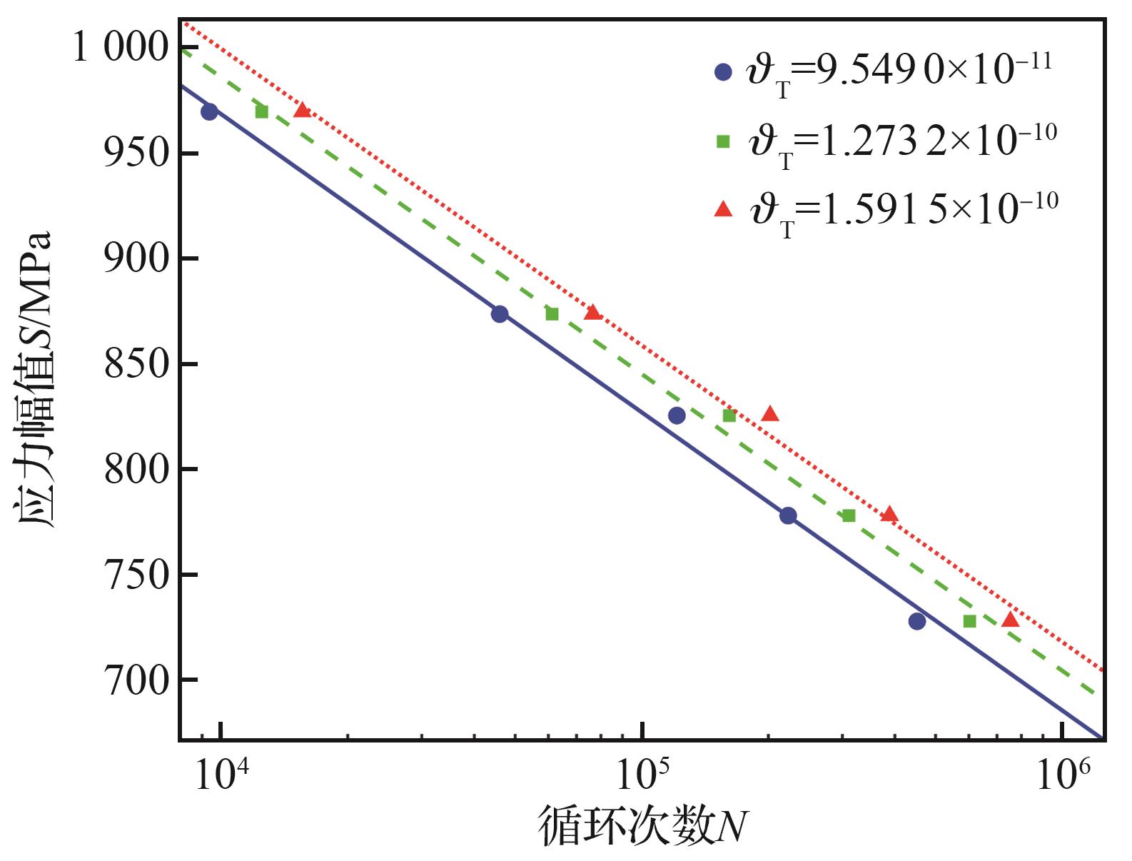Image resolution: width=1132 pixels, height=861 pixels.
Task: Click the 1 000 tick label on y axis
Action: pos(121,49)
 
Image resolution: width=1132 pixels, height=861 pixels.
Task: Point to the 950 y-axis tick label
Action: pos(136,153)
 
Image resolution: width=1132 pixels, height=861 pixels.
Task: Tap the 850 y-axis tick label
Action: pos(136,364)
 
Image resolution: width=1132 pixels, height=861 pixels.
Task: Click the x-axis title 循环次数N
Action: pos(642,826)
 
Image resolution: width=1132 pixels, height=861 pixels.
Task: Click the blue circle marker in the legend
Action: pos(724,72)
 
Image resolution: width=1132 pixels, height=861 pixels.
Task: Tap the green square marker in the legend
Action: pos(723,141)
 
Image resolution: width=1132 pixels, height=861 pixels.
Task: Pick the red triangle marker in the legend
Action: pos(724,208)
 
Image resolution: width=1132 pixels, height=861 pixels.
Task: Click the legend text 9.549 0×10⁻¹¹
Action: pos(934,71)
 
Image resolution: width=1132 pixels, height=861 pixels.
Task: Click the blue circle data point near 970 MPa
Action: pos(209,111)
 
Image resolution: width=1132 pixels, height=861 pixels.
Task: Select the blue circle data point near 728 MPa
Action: pos(917,621)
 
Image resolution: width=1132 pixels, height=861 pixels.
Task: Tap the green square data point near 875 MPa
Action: pos(552,313)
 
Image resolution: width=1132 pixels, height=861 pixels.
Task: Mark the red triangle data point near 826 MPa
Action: pos(769,414)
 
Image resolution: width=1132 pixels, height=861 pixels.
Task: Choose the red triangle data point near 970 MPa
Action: pos(302,110)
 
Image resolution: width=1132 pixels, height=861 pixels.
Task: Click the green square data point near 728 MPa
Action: pos(969,621)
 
